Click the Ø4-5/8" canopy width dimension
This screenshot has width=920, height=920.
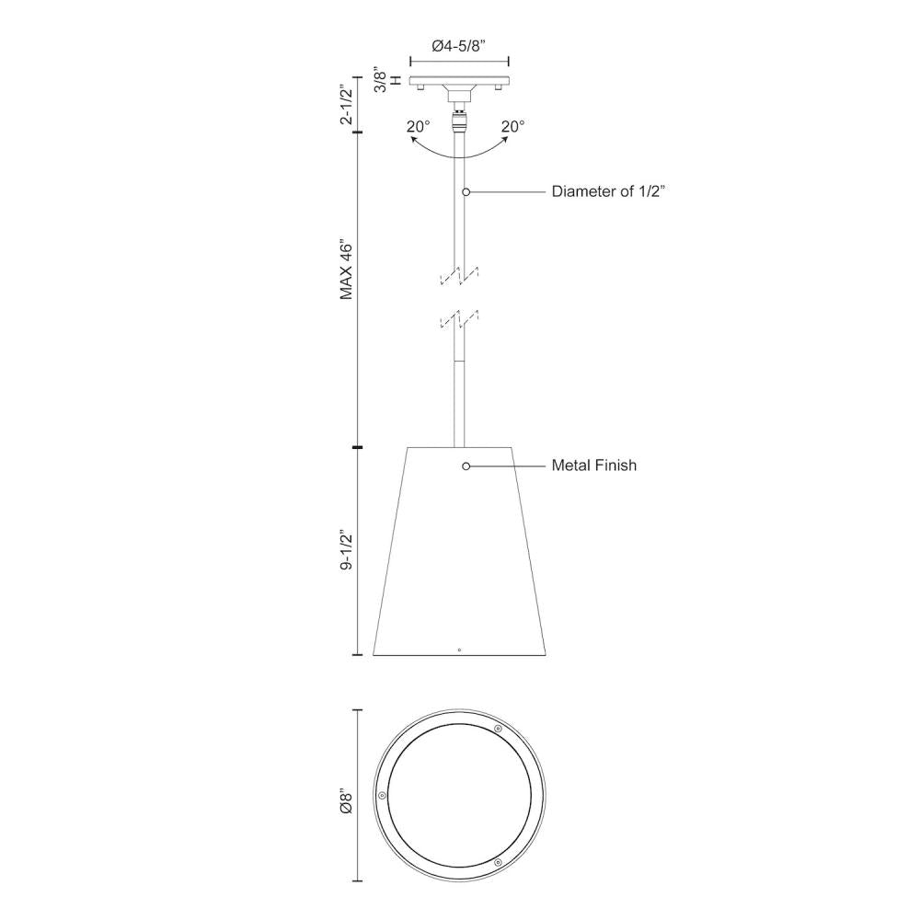click(x=459, y=47)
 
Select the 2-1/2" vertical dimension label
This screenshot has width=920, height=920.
click(x=346, y=104)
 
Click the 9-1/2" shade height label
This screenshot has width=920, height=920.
click(x=346, y=551)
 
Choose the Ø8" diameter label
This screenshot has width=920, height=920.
click(x=346, y=801)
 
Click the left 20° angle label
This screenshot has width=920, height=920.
click(x=419, y=127)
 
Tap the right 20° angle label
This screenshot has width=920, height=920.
click(x=512, y=127)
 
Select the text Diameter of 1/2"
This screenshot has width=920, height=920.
click(x=608, y=191)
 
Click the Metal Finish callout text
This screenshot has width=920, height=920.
click(x=593, y=466)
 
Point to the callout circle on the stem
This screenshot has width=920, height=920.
click(x=466, y=191)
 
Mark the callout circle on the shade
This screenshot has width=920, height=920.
click(x=466, y=466)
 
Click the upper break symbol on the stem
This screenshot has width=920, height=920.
click(x=460, y=274)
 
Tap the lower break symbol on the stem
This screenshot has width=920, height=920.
click(x=460, y=318)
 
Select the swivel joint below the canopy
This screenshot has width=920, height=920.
click(x=459, y=120)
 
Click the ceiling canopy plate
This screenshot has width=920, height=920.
click(x=459, y=81)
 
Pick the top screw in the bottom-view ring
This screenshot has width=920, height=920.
click(x=498, y=729)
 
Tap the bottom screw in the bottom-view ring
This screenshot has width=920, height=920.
click(x=498, y=863)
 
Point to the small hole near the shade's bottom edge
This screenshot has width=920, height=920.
click(x=459, y=649)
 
